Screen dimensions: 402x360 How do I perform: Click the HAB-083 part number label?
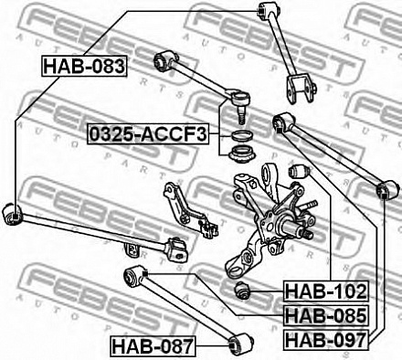click(x=84, y=66)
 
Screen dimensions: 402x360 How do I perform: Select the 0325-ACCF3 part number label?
click(x=148, y=134)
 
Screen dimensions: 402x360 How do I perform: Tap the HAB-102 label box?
click(x=326, y=291)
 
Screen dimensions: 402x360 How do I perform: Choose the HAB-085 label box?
click(x=326, y=316)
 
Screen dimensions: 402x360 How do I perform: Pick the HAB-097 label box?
click(x=326, y=340)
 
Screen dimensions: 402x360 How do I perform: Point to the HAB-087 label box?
click(x=153, y=346)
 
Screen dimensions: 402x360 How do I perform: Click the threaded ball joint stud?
click(x=241, y=115)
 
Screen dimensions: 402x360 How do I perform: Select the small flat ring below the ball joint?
click(x=242, y=135)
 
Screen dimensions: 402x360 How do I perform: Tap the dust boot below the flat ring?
click(x=242, y=154)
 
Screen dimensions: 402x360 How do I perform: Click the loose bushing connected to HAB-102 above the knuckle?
click(x=299, y=172)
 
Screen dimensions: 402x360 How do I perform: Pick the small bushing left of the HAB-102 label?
click(x=242, y=291)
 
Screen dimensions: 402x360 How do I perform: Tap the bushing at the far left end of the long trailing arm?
click(x=12, y=215)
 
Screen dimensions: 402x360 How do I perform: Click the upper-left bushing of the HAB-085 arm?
click(x=134, y=276)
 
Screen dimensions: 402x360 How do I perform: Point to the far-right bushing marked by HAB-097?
click(x=386, y=189)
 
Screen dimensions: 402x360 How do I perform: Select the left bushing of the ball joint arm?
click(x=164, y=60)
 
